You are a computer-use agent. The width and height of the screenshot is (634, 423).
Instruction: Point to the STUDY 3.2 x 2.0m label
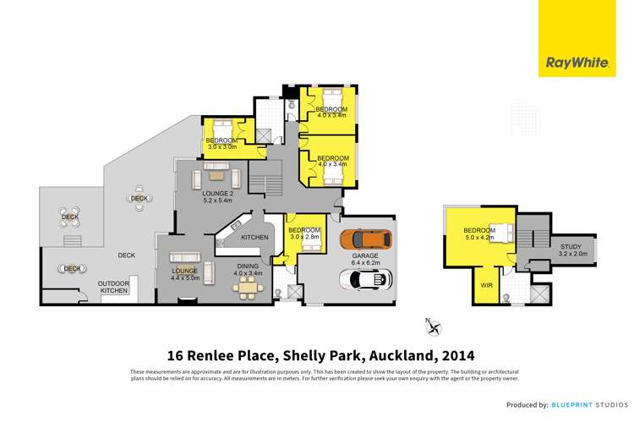tap(570, 250)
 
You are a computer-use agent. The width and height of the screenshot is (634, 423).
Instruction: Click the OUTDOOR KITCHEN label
tap(112, 288)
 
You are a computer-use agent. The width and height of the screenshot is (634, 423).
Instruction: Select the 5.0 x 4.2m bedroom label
tap(478, 234)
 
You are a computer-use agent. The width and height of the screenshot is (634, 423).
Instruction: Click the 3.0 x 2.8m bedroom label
tap(304, 234)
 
